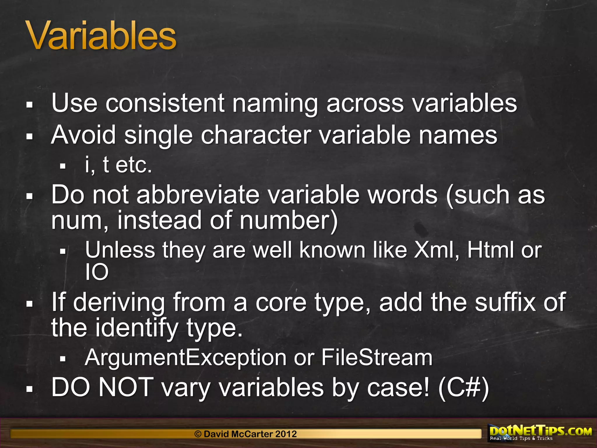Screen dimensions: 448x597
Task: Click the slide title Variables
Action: pyautogui.click(x=101, y=36)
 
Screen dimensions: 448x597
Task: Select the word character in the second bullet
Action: pyautogui.click(x=256, y=135)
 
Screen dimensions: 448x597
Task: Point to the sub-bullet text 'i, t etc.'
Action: pyautogui.click(x=118, y=165)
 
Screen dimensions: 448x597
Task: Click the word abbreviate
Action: pyautogui.click(x=198, y=195)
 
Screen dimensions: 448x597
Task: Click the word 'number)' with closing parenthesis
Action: pyautogui.click(x=289, y=220)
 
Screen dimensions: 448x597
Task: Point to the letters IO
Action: pyautogui.click(x=97, y=272)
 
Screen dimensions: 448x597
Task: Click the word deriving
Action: pyautogui.click(x=119, y=303)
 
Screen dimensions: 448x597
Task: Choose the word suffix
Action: pyautogui.click(x=505, y=303)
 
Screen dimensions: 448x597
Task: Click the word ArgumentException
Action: pyautogui.click(x=186, y=358)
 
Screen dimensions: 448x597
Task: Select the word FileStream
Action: pyautogui.click(x=377, y=358)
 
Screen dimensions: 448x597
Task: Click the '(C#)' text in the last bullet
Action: pyautogui.click(x=463, y=388)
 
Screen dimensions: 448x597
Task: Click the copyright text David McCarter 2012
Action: pyautogui.click(x=245, y=434)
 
